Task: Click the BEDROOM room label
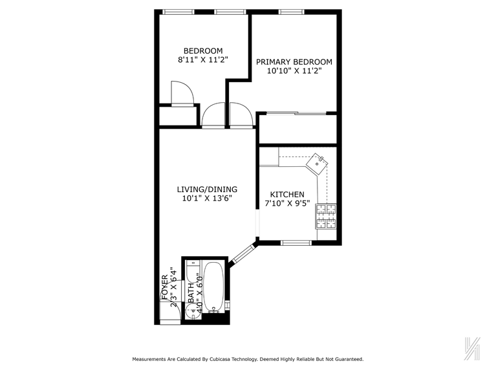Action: tap(203, 51)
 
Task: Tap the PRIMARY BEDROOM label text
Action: tap(294, 62)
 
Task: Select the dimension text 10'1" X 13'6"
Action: tap(207, 199)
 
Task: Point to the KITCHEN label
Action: tap(287, 194)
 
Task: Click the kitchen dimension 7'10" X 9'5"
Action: tap(287, 204)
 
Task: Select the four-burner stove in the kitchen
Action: tap(326, 217)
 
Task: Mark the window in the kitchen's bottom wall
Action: tap(297, 243)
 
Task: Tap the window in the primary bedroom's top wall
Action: tap(292, 11)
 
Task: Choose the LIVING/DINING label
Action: tap(207, 189)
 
